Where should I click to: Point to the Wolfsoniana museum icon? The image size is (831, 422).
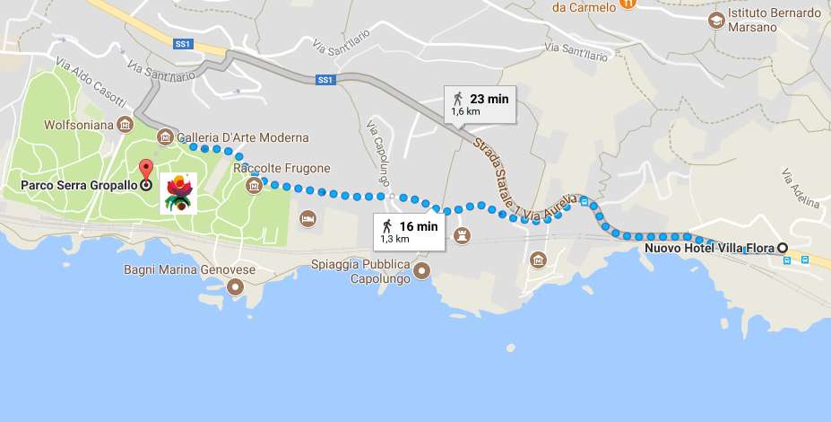tap(126, 123)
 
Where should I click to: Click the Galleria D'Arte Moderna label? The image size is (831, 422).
tap(243, 137)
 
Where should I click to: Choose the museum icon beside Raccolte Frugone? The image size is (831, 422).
tap(254, 185)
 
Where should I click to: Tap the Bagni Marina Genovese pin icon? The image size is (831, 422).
tap(236, 287)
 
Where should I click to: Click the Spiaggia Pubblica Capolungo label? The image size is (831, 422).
tap(360, 271)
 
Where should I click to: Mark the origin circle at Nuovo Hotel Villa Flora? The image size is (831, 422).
tap(782, 248)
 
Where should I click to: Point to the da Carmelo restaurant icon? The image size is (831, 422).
tap(628, 5)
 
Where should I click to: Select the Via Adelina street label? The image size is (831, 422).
tap(800, 188)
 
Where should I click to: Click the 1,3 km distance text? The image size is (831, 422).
tap(395, 240)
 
